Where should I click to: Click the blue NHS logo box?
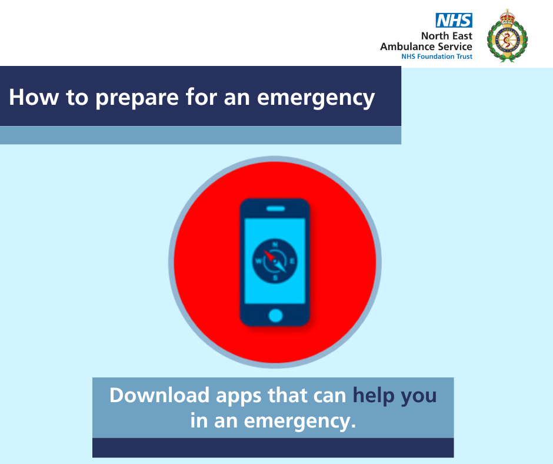(x=454, y=20)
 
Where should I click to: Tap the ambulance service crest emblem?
(x=507, y=36)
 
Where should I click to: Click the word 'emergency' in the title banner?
(x=316, y=98)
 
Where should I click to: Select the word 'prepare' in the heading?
(x=137, y=98)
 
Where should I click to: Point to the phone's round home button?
(x=275, y=316)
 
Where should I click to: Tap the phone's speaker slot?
(x=275, y=208)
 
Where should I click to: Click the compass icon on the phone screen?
(x=275, y=261)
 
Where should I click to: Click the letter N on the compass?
(x=275, y=244)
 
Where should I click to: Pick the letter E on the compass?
(x=292, y=261)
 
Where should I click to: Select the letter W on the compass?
(x=258, y=261)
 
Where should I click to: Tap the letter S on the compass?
(x=275, y=279)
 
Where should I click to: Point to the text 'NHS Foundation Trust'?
(x=437, y=57)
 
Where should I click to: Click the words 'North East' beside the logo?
(x=447, y=36)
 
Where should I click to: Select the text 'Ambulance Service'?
(x=426, y=47)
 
